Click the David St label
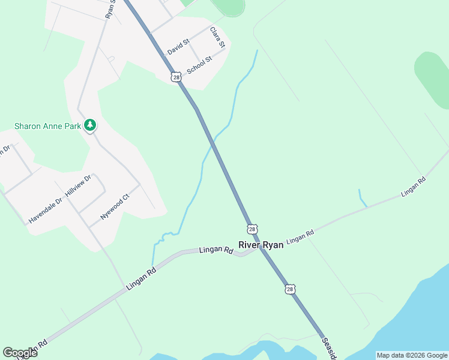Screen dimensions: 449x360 (178, 47)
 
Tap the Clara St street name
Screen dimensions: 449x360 (217, 37)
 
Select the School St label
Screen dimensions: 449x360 (199, 65)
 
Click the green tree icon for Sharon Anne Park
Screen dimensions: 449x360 (90, 125)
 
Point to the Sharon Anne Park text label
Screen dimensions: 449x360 (48, 126)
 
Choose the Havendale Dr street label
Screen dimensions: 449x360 (45, 211)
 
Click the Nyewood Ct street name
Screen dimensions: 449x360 (115, 206)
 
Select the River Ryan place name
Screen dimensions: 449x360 (261, 245)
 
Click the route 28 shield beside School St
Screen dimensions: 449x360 (175, 77)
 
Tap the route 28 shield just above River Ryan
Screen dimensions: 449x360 (252, 229)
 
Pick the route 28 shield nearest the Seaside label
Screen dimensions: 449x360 (290, 289)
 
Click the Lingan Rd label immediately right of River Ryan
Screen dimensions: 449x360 (300, 237)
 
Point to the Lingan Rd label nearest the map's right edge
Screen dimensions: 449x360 (413, 187)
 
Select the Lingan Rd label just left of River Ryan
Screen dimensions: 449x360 (215, 250)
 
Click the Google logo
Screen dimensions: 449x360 (20, 352)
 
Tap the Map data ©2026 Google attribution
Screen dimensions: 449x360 (411, 355)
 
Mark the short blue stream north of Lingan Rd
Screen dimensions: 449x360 (362, 198)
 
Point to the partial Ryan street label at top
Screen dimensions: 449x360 (109, 8)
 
